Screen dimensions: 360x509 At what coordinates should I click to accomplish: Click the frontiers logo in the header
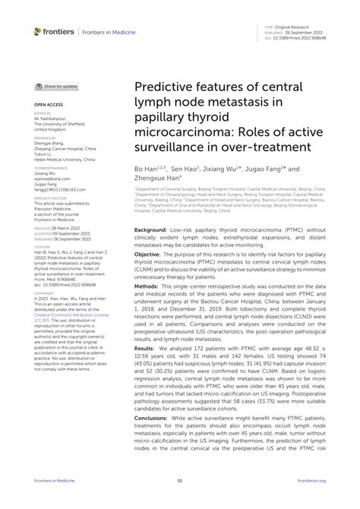click(53, 30)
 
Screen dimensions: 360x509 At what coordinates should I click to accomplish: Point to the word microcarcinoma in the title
click(182, 138)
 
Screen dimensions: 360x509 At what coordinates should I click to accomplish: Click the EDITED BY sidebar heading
click(43, 114)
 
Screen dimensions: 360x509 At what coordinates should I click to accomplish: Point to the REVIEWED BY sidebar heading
click(45, 139)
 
